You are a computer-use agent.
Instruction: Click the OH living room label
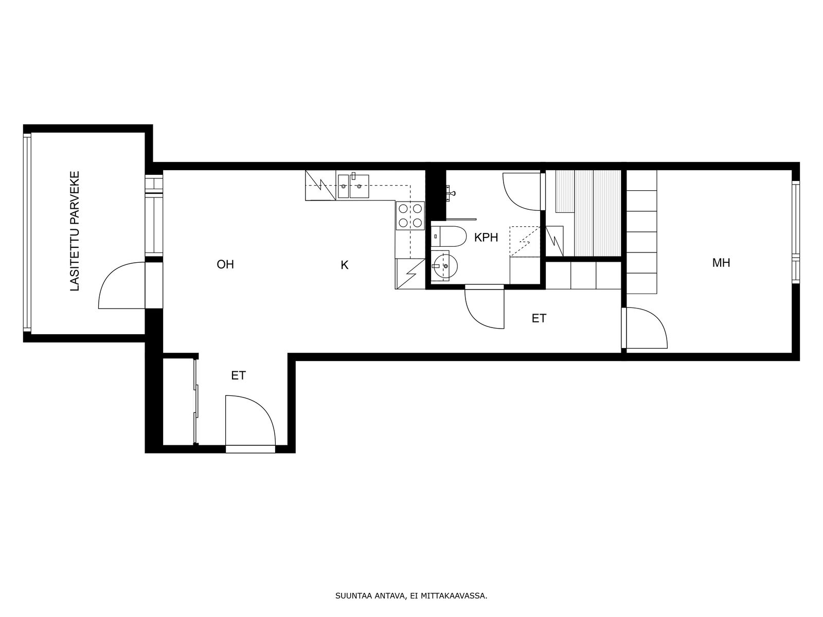[x=225, y=264]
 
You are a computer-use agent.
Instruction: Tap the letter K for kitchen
[x=344, y=265]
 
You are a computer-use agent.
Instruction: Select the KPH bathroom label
[x=486, y=237]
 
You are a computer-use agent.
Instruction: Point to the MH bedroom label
[x=721, y=263]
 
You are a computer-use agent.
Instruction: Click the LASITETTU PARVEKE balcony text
[x=75, y=231]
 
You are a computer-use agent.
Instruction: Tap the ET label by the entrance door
[x=238, y=375]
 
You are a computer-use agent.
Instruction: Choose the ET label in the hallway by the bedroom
[x=539, y=318]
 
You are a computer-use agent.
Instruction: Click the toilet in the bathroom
[x=448, y=236]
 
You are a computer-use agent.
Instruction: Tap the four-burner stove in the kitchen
[x=410, y=215]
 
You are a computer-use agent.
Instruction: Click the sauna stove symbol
[x=554, y=241]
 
